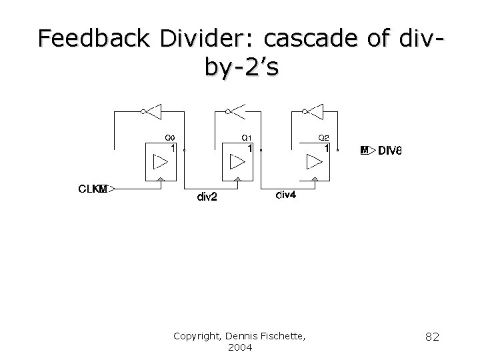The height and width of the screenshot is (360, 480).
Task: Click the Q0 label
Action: coord(170,138)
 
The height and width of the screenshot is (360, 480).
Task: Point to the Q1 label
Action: coord(247,138)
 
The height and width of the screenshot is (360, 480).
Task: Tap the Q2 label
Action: coord(324,138)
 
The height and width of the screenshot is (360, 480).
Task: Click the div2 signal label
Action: coord(207,197)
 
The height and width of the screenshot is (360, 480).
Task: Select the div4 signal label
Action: coord(285,195)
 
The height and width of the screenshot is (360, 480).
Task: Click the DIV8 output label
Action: coord(390,151)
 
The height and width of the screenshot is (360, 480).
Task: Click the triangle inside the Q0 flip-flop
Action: coord(161,162)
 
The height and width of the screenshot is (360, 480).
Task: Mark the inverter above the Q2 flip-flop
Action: coord(313,111)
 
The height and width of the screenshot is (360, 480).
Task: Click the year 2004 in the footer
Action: coord(240,347)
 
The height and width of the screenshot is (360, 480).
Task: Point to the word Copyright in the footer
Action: coord(198,336)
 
